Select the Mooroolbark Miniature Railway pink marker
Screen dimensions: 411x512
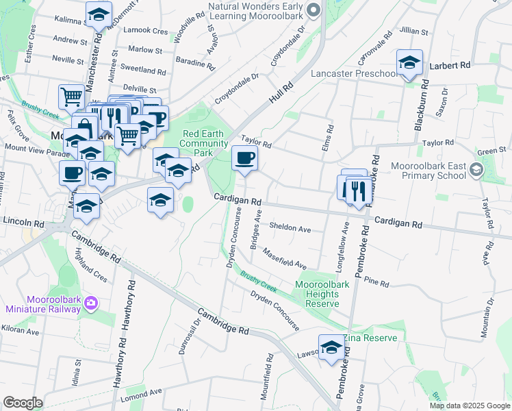coord(92,302)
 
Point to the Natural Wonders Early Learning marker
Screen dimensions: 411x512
coord(313,10)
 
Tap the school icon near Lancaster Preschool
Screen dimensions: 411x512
coord(409,63)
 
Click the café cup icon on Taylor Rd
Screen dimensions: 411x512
coord(244,159)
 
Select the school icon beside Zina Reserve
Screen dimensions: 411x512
coord(331,347)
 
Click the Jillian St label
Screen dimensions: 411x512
coord(413,32)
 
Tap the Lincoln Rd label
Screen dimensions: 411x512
coord(23,223)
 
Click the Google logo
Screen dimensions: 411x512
coord(23,403)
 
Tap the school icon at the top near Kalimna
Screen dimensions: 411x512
coord(99,14)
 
